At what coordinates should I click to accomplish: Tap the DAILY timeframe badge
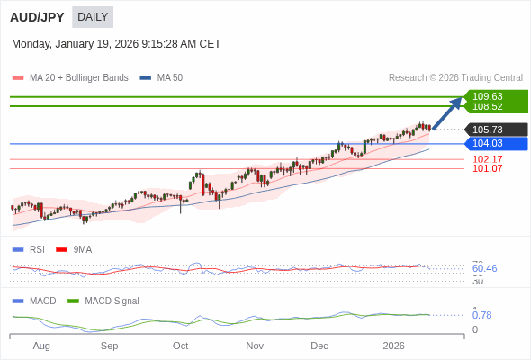point(92,17)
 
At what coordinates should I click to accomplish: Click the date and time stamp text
point(116,44)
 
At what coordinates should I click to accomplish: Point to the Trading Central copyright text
point(455,78)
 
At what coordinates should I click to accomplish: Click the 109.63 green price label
point(487,96)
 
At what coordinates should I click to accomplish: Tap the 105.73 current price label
point(487,130)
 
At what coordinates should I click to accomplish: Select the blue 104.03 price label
point(487,143)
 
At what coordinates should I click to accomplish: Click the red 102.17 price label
point(487,159)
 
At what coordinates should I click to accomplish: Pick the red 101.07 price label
point(487,168)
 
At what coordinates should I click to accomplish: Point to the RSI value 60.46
point(484,268)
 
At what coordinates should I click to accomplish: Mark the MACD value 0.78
point(481,315)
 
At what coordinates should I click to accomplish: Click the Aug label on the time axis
point(41,346)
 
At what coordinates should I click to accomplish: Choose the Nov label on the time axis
point(255,346)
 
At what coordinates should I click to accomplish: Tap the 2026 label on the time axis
point(393,346)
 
